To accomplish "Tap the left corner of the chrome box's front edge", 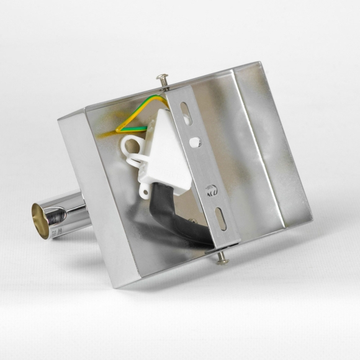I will [60, 119].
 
